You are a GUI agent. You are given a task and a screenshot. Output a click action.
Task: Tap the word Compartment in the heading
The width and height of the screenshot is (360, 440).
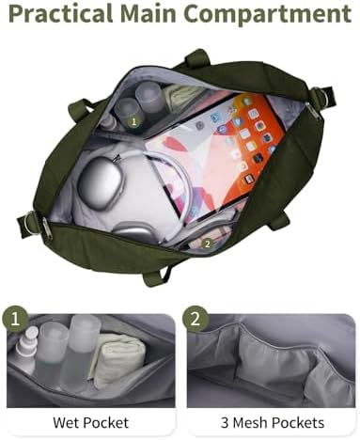click(x=267, y=14)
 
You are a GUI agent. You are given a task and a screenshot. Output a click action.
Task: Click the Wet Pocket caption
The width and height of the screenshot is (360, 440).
click(x=90, y=422)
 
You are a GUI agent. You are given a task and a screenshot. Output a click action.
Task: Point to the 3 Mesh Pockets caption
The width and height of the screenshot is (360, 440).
click(x=273, y=422)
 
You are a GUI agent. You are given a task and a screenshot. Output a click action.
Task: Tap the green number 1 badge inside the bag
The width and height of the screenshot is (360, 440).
click(x=133, y=121)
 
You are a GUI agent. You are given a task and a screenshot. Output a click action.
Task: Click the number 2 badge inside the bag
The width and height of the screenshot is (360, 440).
click(x=207, y=244)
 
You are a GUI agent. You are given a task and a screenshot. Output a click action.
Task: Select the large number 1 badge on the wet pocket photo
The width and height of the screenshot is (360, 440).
click(x=15, y=321)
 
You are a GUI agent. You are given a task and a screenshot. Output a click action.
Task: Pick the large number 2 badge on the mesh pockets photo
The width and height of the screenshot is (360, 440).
click(x=196, y=320)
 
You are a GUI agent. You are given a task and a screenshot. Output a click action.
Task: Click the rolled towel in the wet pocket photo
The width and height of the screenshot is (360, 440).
click(x=119, y=360)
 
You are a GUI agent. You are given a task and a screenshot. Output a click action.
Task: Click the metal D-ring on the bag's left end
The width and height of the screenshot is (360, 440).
click(x=31, y=223)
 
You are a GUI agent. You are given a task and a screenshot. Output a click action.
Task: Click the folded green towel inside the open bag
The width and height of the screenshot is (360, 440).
click(x=181, y=93)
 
